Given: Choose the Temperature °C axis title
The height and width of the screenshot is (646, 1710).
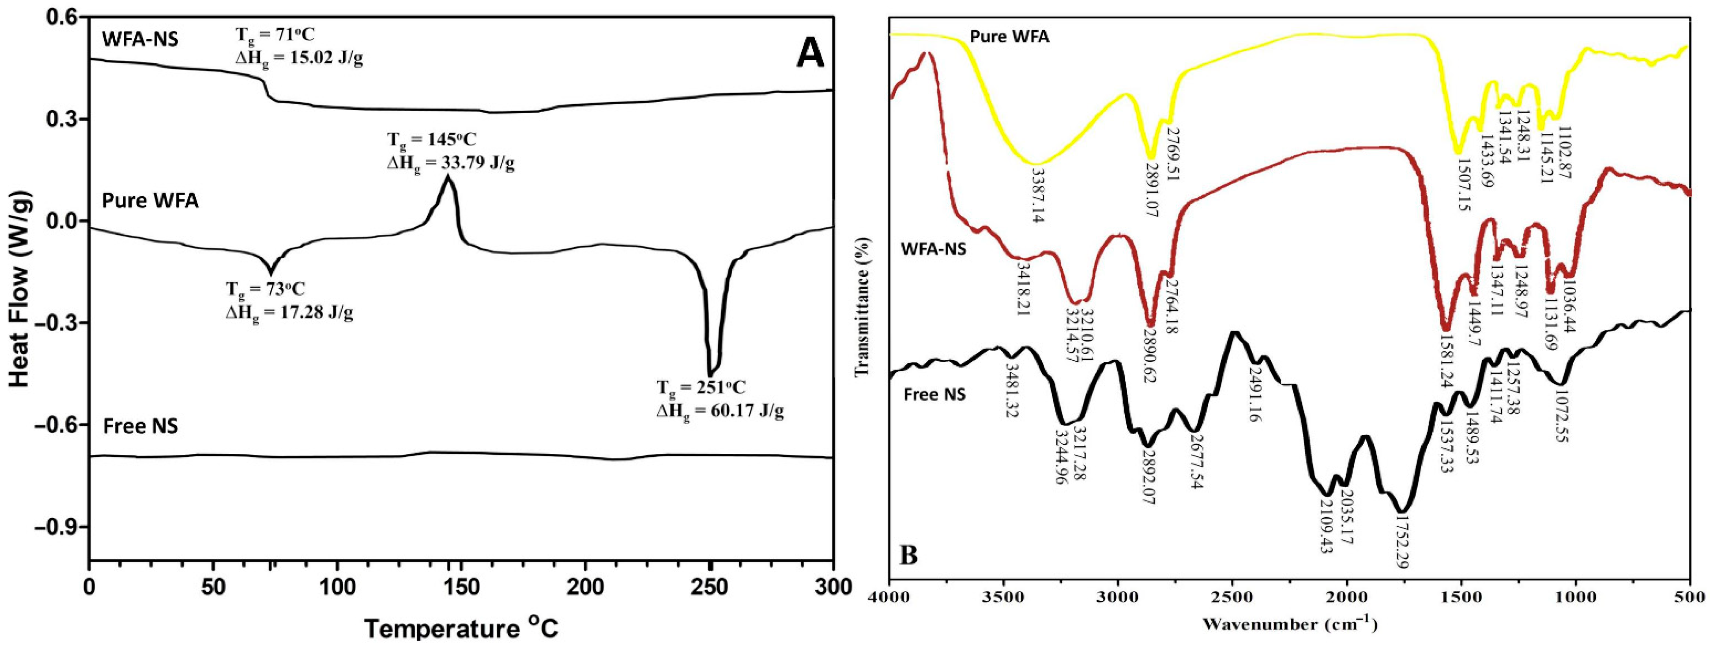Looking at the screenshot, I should [461, 628].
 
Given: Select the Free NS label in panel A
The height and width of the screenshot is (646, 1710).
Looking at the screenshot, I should [141, 425].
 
